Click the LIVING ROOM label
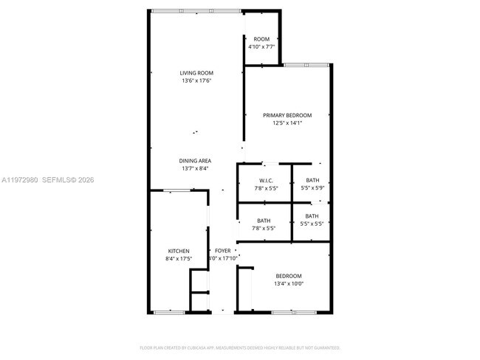tap(196, 72)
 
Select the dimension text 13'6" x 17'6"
tap(196, 80)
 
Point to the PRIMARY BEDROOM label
tap(288, 115)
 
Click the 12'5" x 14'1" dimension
tap(288, 123)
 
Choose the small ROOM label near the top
tap(261, 39)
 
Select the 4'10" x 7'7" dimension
tap(261, 47)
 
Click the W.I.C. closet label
tap(267, 181)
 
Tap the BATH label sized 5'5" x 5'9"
tap(312, 181)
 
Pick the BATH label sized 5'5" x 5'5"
tap(312, 216)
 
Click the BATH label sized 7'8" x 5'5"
tap(264, 221)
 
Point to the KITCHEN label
tap(178, 251)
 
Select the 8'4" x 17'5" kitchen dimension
tap(178, 259)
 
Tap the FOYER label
tap(222, 251)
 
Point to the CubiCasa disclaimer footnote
tap(240, 347)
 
